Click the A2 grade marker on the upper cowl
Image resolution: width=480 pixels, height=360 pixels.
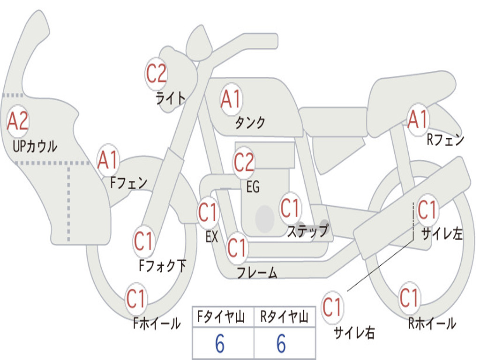(x=18, y=121)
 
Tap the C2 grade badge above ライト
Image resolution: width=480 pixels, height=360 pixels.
(x=156, y=74)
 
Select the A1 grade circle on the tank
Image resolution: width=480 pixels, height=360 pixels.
(x=231, y=99)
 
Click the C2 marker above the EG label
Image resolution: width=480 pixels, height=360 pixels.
(x=244, y=162)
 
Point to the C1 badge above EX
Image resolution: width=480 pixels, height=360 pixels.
(x=208, y=213)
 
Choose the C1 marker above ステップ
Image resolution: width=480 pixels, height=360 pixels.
(x=290, y=207)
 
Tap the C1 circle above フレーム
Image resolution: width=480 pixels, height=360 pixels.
(x=237, y=247)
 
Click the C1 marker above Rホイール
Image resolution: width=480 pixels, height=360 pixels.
(x=409, y=297)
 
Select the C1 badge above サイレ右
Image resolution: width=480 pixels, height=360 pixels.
(x=332, y=308)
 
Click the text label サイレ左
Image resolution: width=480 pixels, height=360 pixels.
(x=442, y=234)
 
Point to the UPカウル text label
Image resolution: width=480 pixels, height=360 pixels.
(x=35, y=146)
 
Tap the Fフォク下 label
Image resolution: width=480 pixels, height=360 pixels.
(x=162, y=266)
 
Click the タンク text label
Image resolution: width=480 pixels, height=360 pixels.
(x=249, y=123)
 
